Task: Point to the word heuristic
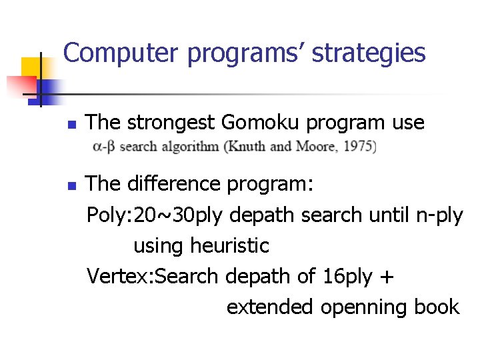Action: click(x=229, y=246)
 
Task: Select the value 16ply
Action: click(x=347, y=277)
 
